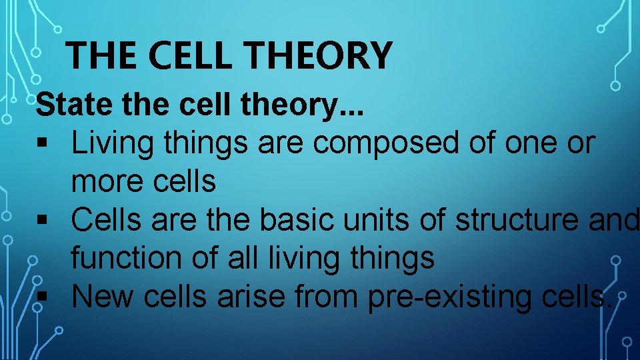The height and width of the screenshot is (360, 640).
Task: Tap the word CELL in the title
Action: (x=196, y=55)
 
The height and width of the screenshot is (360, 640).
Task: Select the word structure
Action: (x=510, y=220)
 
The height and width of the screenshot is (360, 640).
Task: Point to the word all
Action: (x=239, y=259)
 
